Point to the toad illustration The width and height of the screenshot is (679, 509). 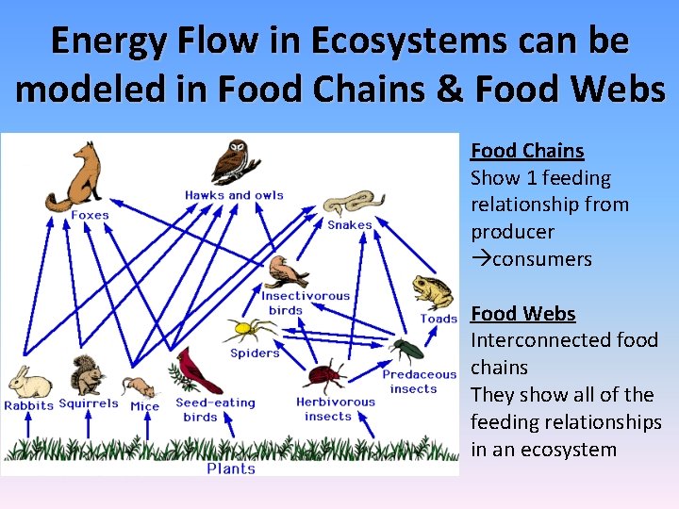click(433, 294)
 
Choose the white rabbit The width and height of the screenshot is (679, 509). click(30, 383)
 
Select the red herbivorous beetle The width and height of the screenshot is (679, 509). click(323, 376)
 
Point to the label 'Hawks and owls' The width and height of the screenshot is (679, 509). click(234, 195)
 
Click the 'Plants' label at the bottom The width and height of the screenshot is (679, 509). click(231, 468)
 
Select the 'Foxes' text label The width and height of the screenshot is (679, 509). click(90, 215)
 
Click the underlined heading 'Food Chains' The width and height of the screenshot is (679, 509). click(527, 151)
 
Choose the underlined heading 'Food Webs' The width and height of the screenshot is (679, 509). click(523, 313)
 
